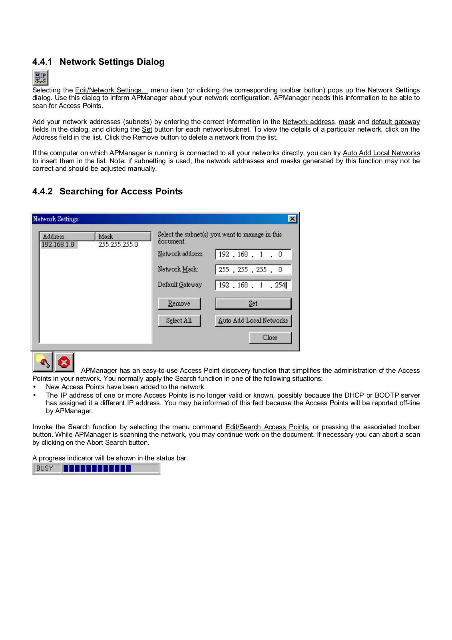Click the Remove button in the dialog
[x=179, y=304]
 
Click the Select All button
[x=179, y=321]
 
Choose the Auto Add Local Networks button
[x=253, y=321]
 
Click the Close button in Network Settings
[x=270, y=338]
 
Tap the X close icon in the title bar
[x=293, y=219]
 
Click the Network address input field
[x=253, y=254]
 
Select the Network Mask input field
[x=253, y=270]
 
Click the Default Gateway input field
[x=253, y=285]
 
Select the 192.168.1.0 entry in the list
[x=58, y=245]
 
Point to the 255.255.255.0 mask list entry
[x=118, y=245]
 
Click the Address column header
[x=67, y=236]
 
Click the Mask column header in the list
[x=123, y=236]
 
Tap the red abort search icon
[x=64, y=362]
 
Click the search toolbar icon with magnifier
[x=43, y=362]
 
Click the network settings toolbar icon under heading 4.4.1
[x=40, y=78]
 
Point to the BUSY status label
[x=45, y=468]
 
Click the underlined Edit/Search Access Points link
[x=267, y=427]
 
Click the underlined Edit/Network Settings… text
[x=112, y=90]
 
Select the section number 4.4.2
[x=42, y=192]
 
